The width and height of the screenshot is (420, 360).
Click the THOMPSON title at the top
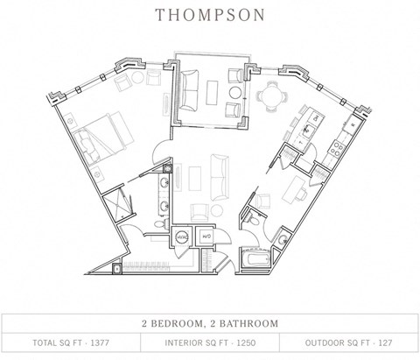pyautogui.click(x=210, y=15)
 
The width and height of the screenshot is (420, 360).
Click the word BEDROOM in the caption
pyautogui.click(x=185, y=323)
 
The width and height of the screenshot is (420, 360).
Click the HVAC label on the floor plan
pyautogui.click(x=183, y=236)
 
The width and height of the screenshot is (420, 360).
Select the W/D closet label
pyautogui.click(x=207, y=236)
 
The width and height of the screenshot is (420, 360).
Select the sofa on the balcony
pyautogui.click(x=192, y=88)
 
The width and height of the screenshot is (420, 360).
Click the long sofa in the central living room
pyautogui.click(x=217, y=180)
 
